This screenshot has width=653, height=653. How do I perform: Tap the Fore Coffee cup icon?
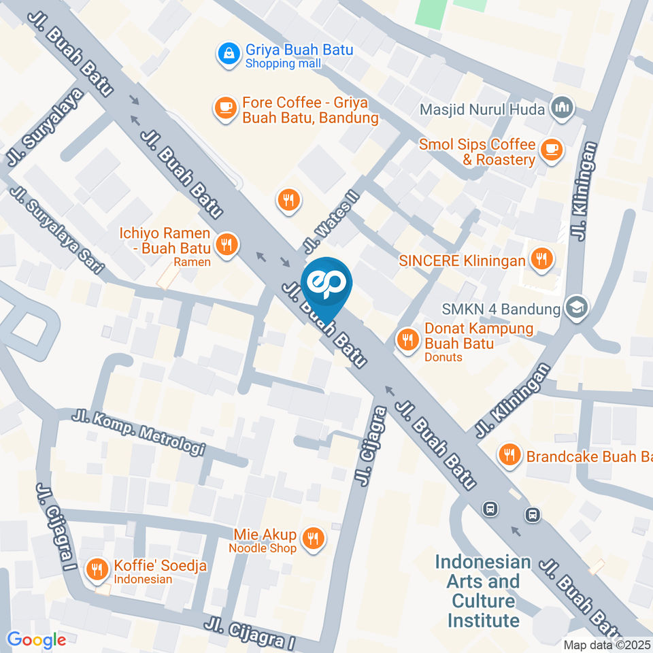[224, 107]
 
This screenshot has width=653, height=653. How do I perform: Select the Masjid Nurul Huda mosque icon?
[561, 107]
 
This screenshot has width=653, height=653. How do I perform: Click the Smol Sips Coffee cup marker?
[551, 148]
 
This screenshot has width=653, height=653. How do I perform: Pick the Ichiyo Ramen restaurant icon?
[226, 244]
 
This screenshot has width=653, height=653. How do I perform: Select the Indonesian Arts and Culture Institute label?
[483, 591]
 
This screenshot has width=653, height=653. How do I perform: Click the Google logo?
[36, 639]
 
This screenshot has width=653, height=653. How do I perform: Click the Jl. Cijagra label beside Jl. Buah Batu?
[370, 446]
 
